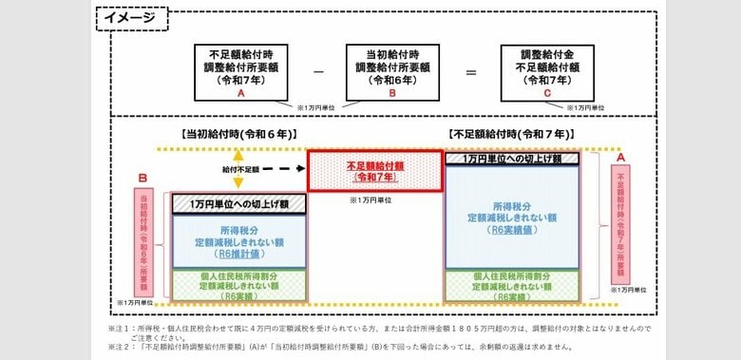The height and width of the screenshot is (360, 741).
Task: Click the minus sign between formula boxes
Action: click(316, 71)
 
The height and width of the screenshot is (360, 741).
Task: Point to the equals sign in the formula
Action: click(469, 71)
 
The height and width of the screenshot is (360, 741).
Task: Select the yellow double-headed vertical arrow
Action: click(238, 168)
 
